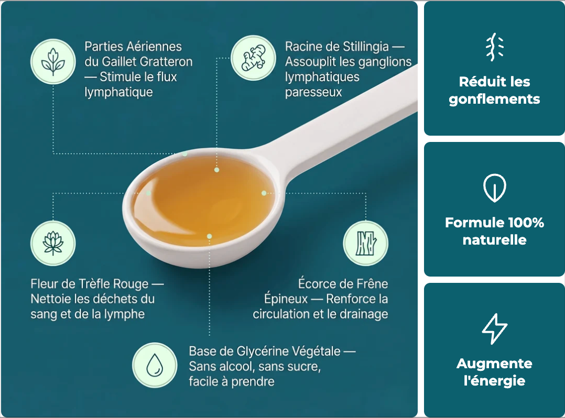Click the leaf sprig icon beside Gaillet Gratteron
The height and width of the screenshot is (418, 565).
(53, 62)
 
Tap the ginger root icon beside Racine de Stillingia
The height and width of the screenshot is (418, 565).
(253, 58)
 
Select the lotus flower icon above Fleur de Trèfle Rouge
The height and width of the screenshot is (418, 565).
(53, 243)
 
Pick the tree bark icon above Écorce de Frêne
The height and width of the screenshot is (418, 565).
(366, 244)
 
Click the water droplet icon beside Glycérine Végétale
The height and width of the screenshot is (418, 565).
(155, 365)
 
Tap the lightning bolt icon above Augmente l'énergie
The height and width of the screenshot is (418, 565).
(494, 329)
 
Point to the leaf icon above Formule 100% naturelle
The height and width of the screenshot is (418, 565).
(494, 188)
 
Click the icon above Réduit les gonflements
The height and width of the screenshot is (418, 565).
(494, 47)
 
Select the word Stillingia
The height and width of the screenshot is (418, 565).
(366, 47)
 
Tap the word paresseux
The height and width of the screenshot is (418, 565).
(313, 92)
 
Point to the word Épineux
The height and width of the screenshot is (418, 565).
(286, 299)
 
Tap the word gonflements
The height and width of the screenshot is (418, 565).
(494, 100)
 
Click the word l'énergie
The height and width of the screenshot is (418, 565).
(494, 381)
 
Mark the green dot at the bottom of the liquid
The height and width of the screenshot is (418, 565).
(209, 236)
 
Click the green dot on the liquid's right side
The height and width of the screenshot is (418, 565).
(264, 193)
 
